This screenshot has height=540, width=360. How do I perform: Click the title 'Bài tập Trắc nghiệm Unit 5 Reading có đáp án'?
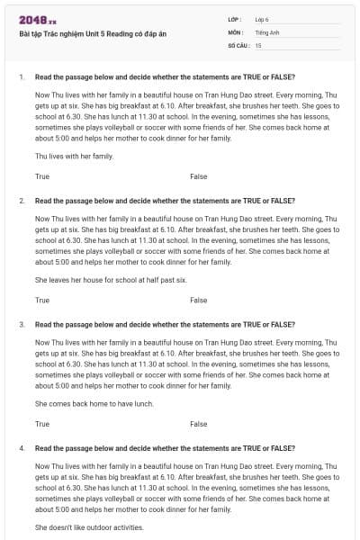click(x=92, y=34)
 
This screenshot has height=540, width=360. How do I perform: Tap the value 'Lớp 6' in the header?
click(x=263, y=19)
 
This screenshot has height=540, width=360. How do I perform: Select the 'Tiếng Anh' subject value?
click(x=266, y=31)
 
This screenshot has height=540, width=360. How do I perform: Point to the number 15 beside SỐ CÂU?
click(x=258, y=44)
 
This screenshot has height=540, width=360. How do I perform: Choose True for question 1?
click(x=42, y=176)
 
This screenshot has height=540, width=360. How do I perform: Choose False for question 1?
click(x=198, y=176)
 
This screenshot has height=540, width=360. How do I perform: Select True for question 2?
click(x=42, y=300)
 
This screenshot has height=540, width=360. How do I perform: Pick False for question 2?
click(x=198, y=300)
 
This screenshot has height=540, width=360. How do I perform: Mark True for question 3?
click(x=42, y=423)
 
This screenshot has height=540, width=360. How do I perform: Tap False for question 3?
click(x=198, y=423)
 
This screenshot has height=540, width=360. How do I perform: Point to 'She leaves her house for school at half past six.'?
click(x=111, y=280)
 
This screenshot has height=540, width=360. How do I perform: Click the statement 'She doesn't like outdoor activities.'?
click(x=89, y=526)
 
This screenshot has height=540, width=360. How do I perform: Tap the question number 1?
click(x=21, y=76)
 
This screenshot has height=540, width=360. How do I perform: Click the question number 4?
click(x=21, y=447)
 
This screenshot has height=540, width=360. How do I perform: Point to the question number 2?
click(x=21, y=201)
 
